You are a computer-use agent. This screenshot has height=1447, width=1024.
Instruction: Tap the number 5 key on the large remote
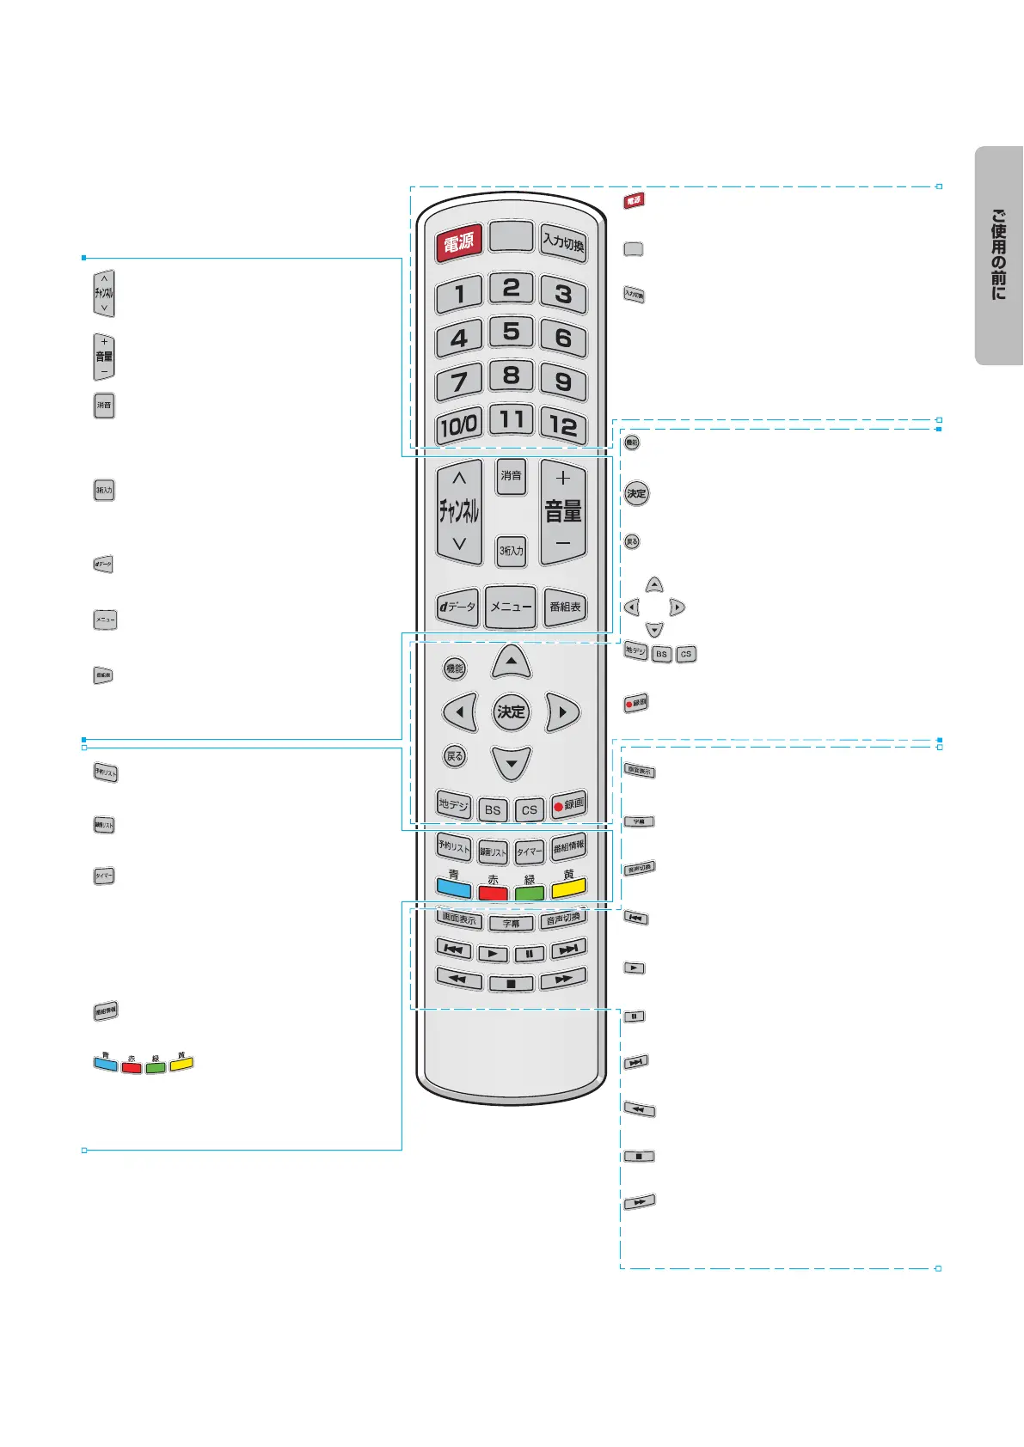511,332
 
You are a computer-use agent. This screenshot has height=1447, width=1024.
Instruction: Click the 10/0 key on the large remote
459,424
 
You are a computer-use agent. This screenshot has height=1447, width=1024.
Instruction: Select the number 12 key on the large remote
563,424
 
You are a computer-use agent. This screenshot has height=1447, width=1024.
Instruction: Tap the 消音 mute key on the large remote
511,476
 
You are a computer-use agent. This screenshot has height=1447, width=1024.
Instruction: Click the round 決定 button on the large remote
511,711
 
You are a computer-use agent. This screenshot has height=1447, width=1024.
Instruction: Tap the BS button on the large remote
492,809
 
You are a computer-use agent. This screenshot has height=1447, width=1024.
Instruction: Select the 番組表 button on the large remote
565,607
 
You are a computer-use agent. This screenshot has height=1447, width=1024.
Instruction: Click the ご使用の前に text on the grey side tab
998,255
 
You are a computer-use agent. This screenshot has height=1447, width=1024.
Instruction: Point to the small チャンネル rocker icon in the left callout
104,293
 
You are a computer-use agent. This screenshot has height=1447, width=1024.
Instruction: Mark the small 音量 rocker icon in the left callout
104,357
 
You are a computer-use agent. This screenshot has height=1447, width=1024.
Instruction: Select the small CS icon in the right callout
685,654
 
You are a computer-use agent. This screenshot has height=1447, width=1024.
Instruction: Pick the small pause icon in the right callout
634,1017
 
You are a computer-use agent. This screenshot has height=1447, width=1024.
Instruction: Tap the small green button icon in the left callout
156,1068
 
